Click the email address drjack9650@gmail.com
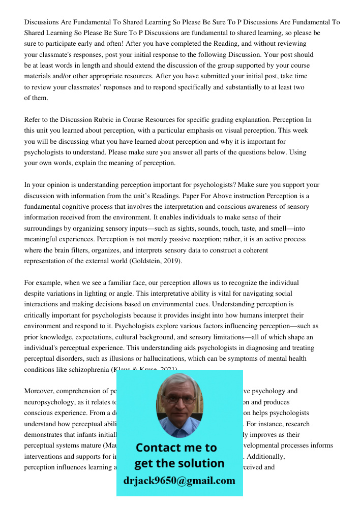pyautogui.click(x=179, y=480)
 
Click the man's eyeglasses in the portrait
pyautogui.click(x=179, y=399)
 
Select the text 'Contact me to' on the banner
pyautogui.click(x=176, y=448)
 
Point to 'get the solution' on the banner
pyautogui.click(x=179, y=463)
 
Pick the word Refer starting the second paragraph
pyautogui.click(x=32, y=120)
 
